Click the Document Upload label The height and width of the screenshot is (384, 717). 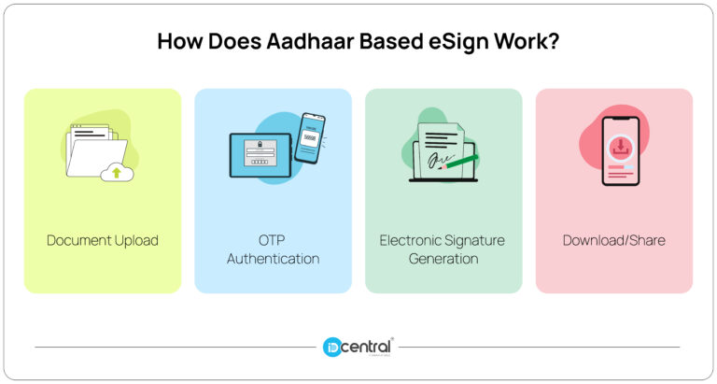pyautogui.click(x=103, y=240)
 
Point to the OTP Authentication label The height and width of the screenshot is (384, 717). pyautogui.click(x=273, y=249)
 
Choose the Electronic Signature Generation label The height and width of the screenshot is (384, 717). pyautogui.click(x=443, y=249)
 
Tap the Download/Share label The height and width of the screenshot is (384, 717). pyautogui.click(x=613, y=240)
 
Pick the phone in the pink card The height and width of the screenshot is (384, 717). pyautogui.click(x=620, y=150)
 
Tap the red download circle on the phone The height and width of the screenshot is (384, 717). pyautogui.click(x=620, y=146)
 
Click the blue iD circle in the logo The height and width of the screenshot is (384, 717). pyautogui.click(x=333, y=347)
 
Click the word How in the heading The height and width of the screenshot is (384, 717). pyautogui.click(x=176, y=43)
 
